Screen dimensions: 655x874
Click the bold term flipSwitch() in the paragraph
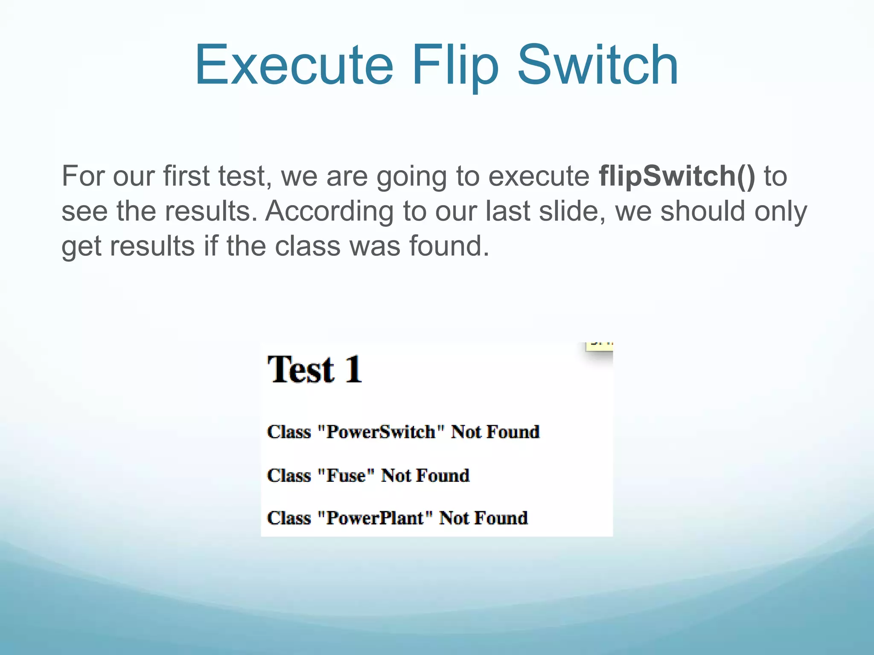click(x=677, y=176)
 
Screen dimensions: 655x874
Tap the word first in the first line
click(x=186, y=176)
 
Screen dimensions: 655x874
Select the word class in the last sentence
click(x=307, y=246)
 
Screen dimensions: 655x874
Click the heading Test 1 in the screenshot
click(x=315, y=369)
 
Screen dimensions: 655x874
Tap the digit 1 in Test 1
click(x=353, y=369)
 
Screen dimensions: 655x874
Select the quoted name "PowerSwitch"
click(x=381, y=432)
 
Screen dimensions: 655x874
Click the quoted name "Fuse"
click(x=346, y=475)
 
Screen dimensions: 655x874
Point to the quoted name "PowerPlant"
click(x=375, y=518)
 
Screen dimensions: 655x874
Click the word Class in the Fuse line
click(x=289, y=475)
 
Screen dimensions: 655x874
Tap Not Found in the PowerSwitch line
click(x=495, y=432)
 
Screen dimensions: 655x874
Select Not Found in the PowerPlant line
click(x=483, y=518)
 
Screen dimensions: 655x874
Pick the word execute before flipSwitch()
click(x=539, y=176)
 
